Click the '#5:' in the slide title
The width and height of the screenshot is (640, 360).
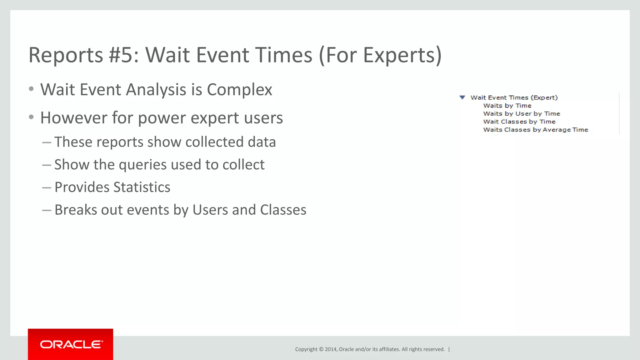click(124, 55)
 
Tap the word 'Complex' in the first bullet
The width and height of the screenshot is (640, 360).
click(239, 90)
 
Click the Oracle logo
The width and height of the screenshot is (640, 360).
click(71, 344)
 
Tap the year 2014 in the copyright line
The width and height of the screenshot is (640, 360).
click(330, 349)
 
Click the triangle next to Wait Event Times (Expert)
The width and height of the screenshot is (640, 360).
click(462, 97)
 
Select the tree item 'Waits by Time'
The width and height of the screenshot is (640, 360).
click(507, 106)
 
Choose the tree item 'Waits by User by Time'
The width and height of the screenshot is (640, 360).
click(521, 114)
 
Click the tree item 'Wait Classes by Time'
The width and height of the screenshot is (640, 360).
click(519, 122)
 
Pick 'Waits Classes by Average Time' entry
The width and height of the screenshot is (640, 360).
click(535, 130)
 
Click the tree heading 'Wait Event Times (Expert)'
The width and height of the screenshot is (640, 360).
click(514, 97)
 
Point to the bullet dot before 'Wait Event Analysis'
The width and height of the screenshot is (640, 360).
click(31, 89)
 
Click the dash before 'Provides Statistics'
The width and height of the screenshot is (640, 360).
click(47, 187)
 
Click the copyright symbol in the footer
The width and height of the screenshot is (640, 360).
click(321, 349)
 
